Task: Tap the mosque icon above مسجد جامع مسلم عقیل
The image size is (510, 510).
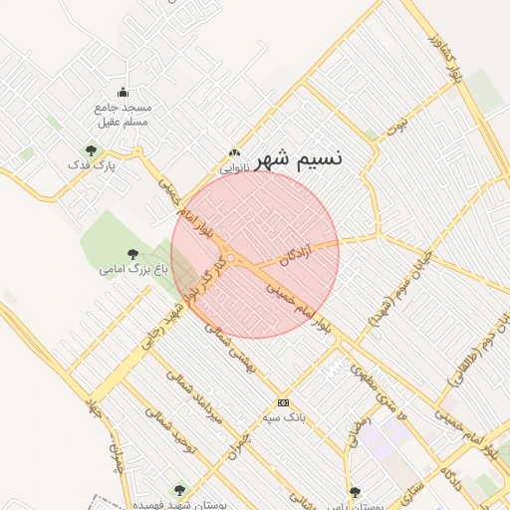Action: (x=122, y=92)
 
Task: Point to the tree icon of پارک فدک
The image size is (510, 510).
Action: (x=91, y=151)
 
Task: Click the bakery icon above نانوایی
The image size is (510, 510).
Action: (x=233, y=153)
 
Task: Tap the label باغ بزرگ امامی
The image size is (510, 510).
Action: (x=133, y=269)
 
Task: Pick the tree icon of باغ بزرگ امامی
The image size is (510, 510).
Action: (x=133, y=255)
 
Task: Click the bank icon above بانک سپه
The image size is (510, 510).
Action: (x=284, y=402)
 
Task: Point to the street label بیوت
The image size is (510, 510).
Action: (x=398, y=127)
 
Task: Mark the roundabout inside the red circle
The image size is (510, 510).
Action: (x=231, y=260)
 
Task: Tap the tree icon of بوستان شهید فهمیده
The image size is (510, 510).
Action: (x=179, y=490)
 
